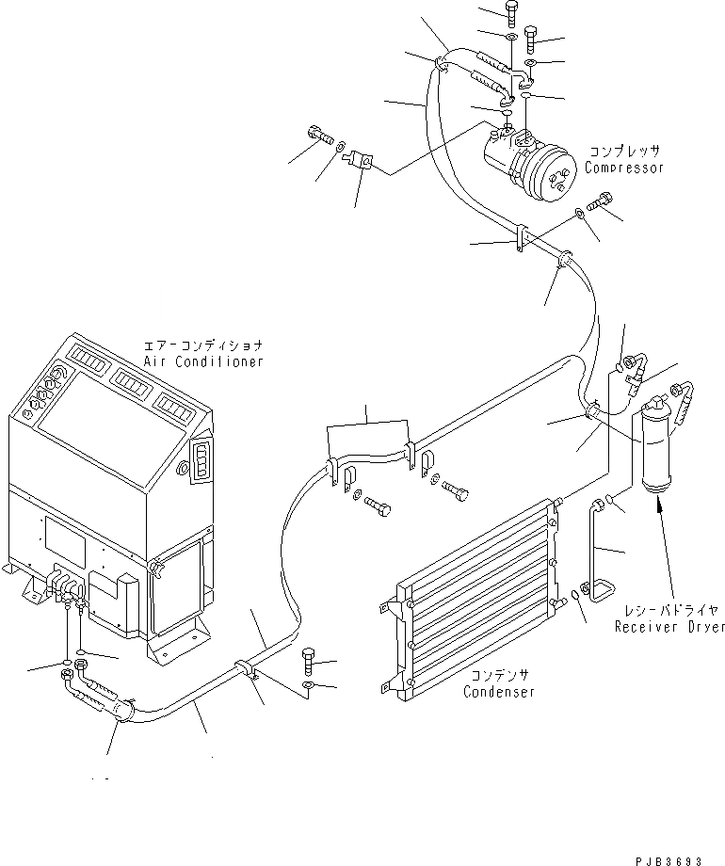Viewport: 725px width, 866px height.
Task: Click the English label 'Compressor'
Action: tap(624, 168)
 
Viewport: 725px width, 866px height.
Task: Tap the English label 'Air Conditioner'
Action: tap(204, 361)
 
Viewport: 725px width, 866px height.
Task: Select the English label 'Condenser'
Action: tap(499, 692)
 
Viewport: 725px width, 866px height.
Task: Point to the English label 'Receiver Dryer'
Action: tap(669, 626)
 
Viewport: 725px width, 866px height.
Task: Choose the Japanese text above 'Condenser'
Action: tap(498, 675)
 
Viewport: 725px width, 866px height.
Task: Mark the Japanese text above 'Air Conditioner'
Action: tap(203, 345)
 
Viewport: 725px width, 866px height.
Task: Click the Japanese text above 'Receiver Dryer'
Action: tap(669, 610)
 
